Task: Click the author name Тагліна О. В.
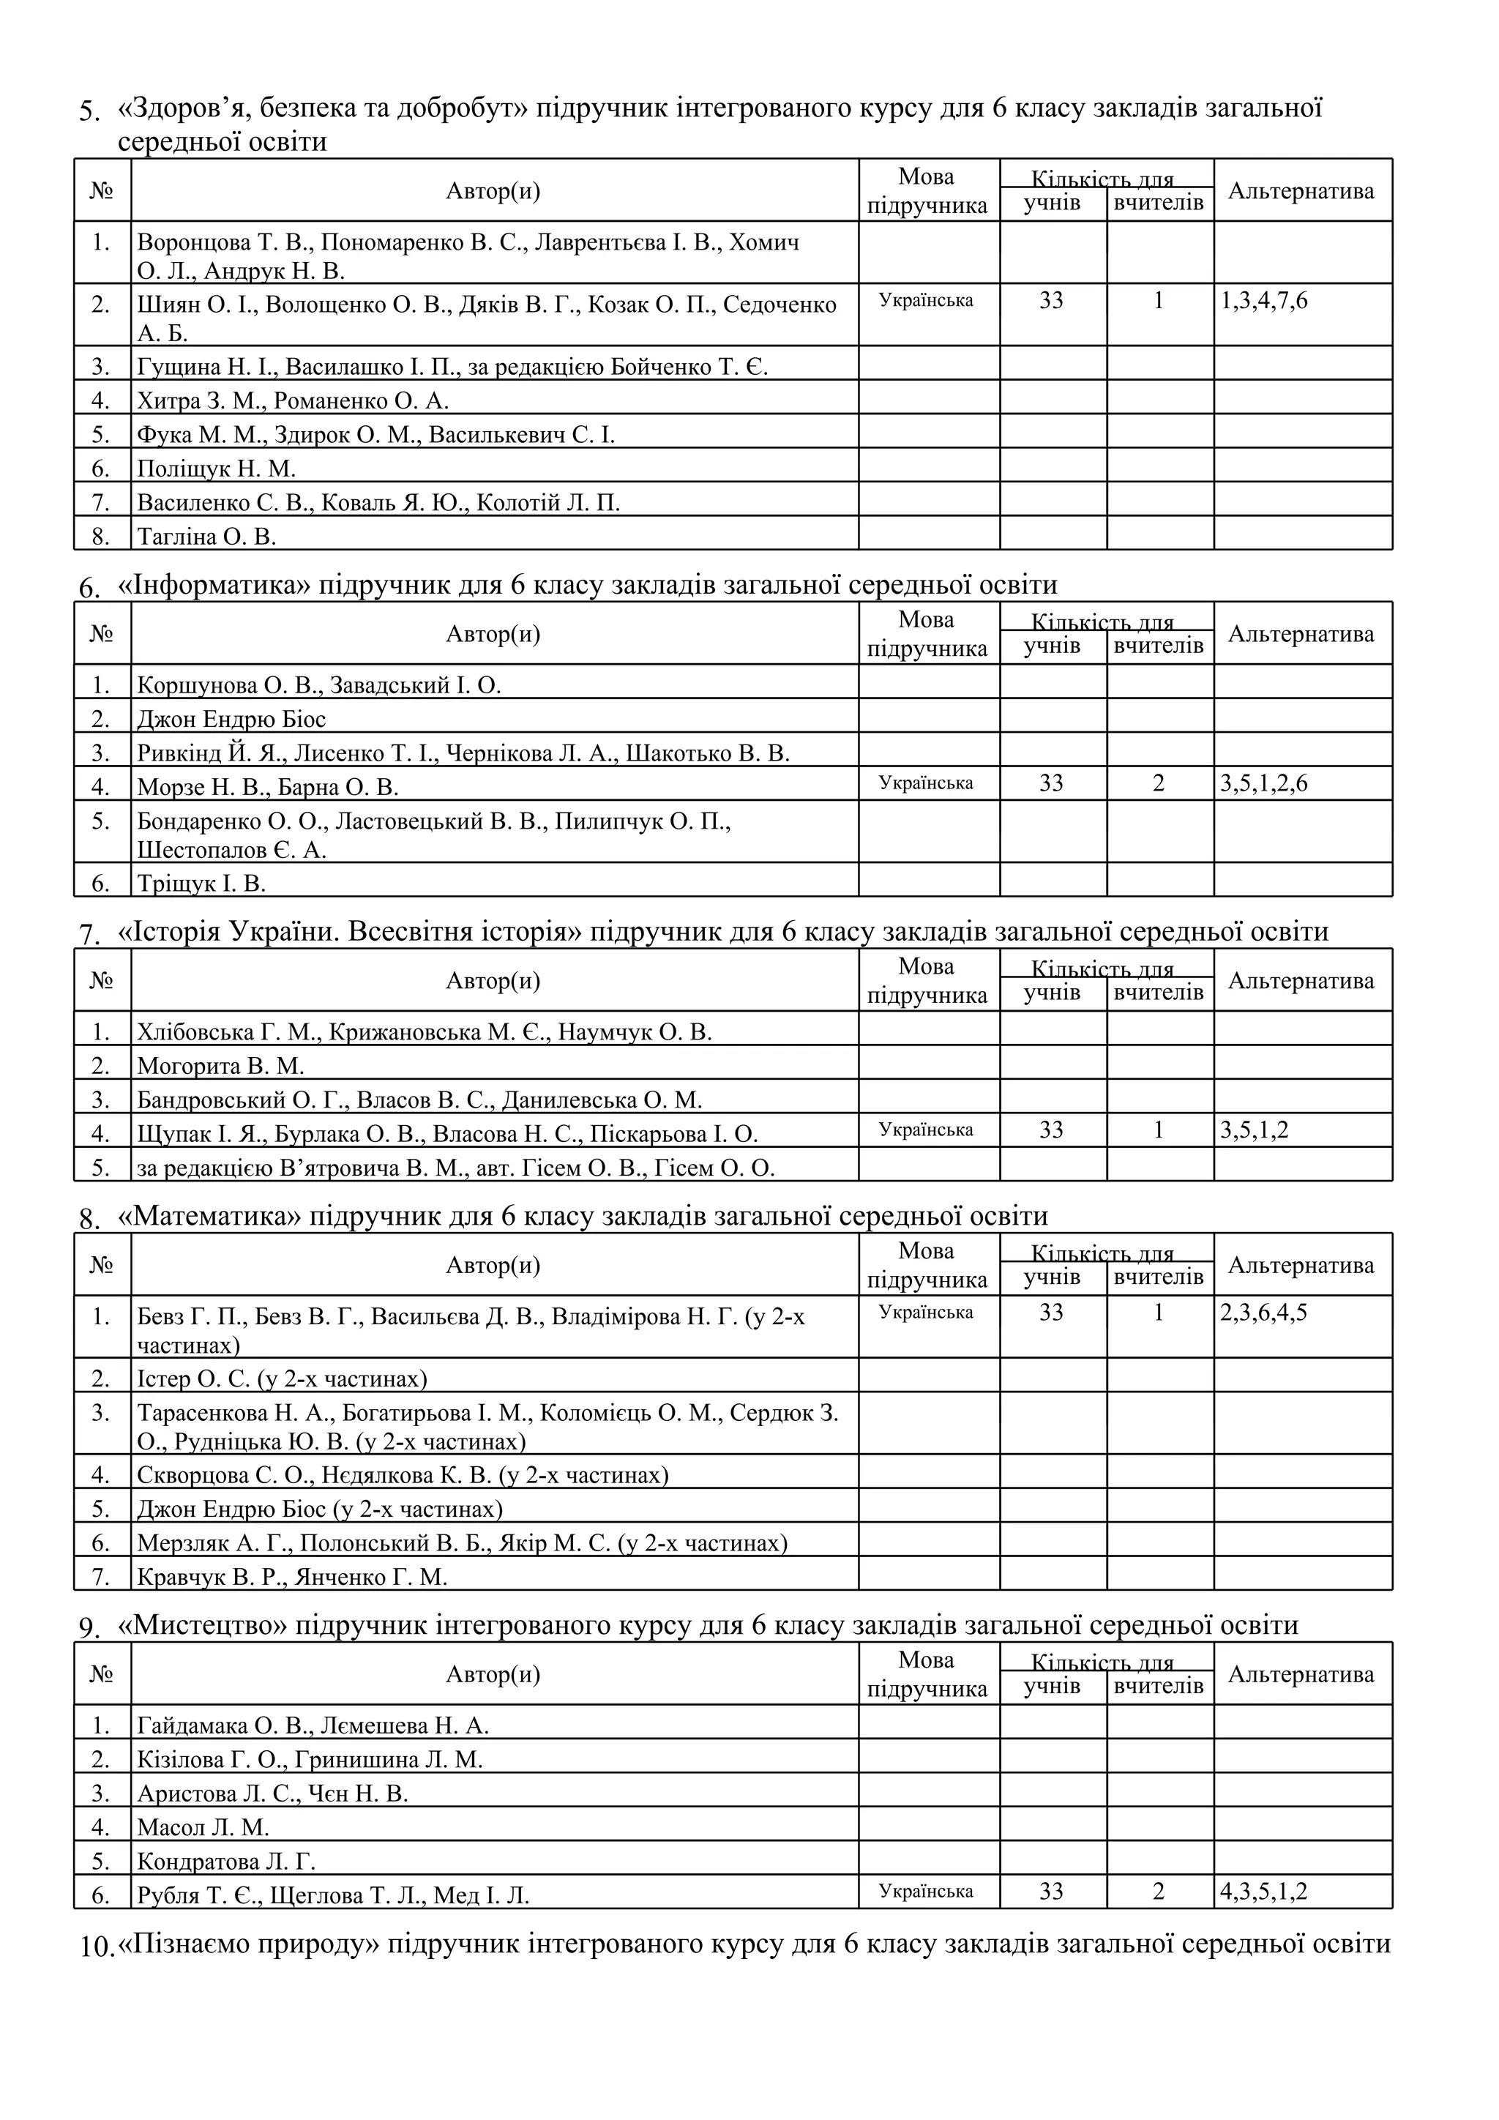tap(206, 537)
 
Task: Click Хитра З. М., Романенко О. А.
tap(293, 400)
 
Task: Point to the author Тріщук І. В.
tap(201, 884)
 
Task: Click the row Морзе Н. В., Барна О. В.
tap(268, 788)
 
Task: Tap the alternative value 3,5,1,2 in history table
tap(1255, 1130)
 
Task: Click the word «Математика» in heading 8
tap(209, 1216)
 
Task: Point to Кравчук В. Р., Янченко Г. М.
tap(292, 1577)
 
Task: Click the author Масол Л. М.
tap(203, 1827)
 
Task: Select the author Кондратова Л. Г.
tap(226, 1861)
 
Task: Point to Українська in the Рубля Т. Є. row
tap(926, 1891)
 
